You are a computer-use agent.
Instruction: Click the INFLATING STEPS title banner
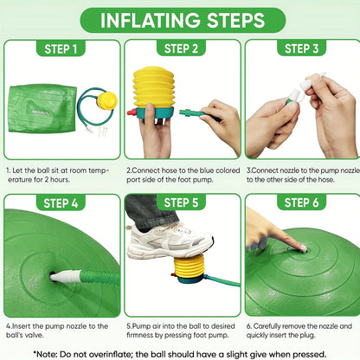click(183, 20)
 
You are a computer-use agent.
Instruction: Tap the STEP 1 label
click(61, 48)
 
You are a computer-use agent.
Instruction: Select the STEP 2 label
click(181, 48)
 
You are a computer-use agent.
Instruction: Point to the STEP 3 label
click(301, 48)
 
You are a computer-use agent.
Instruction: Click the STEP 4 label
click(61, 203)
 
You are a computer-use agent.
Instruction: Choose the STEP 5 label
click(181, 202)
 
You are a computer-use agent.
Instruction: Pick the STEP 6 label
click(301, 202)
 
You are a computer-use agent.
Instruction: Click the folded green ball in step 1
click(42, 108)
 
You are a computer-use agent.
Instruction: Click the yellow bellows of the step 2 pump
click(154, 87)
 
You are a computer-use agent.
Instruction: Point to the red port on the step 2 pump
click(132, 112)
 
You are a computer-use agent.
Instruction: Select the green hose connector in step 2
click(190, 112)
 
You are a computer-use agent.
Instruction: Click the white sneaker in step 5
click(170, 241)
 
